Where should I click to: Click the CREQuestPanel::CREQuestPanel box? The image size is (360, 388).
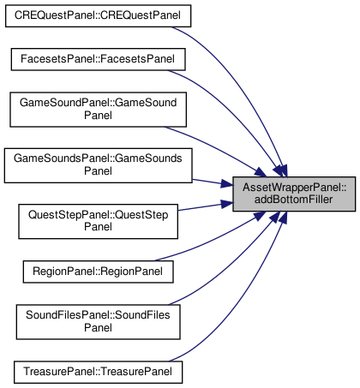[x=98, y=16]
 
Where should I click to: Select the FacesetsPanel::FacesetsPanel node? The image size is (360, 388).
[x=98, y=59]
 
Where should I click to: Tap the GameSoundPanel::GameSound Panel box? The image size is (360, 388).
[x=98, y=110]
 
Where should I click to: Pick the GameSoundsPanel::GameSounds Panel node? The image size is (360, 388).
[x=98, y=165]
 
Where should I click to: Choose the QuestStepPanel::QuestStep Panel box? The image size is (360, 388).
[x=98, y=222]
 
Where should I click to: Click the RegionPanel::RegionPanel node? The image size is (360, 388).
[x=98, y=272]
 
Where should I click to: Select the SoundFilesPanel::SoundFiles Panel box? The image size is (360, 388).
[x=98, y=322]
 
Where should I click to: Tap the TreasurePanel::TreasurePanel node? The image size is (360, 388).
[x=98, y=373]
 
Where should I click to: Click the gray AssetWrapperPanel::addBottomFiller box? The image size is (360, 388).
[x=294, y=194]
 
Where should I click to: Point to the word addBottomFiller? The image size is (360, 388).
[x=293, y=200]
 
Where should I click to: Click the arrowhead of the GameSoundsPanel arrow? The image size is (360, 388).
[x=227, y=185]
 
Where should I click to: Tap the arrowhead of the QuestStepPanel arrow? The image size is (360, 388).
[x=227, y=203]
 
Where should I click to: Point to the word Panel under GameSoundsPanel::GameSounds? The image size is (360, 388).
[x=98, y=171]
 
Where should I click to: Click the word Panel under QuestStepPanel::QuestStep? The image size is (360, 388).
[x=98, y=227]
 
